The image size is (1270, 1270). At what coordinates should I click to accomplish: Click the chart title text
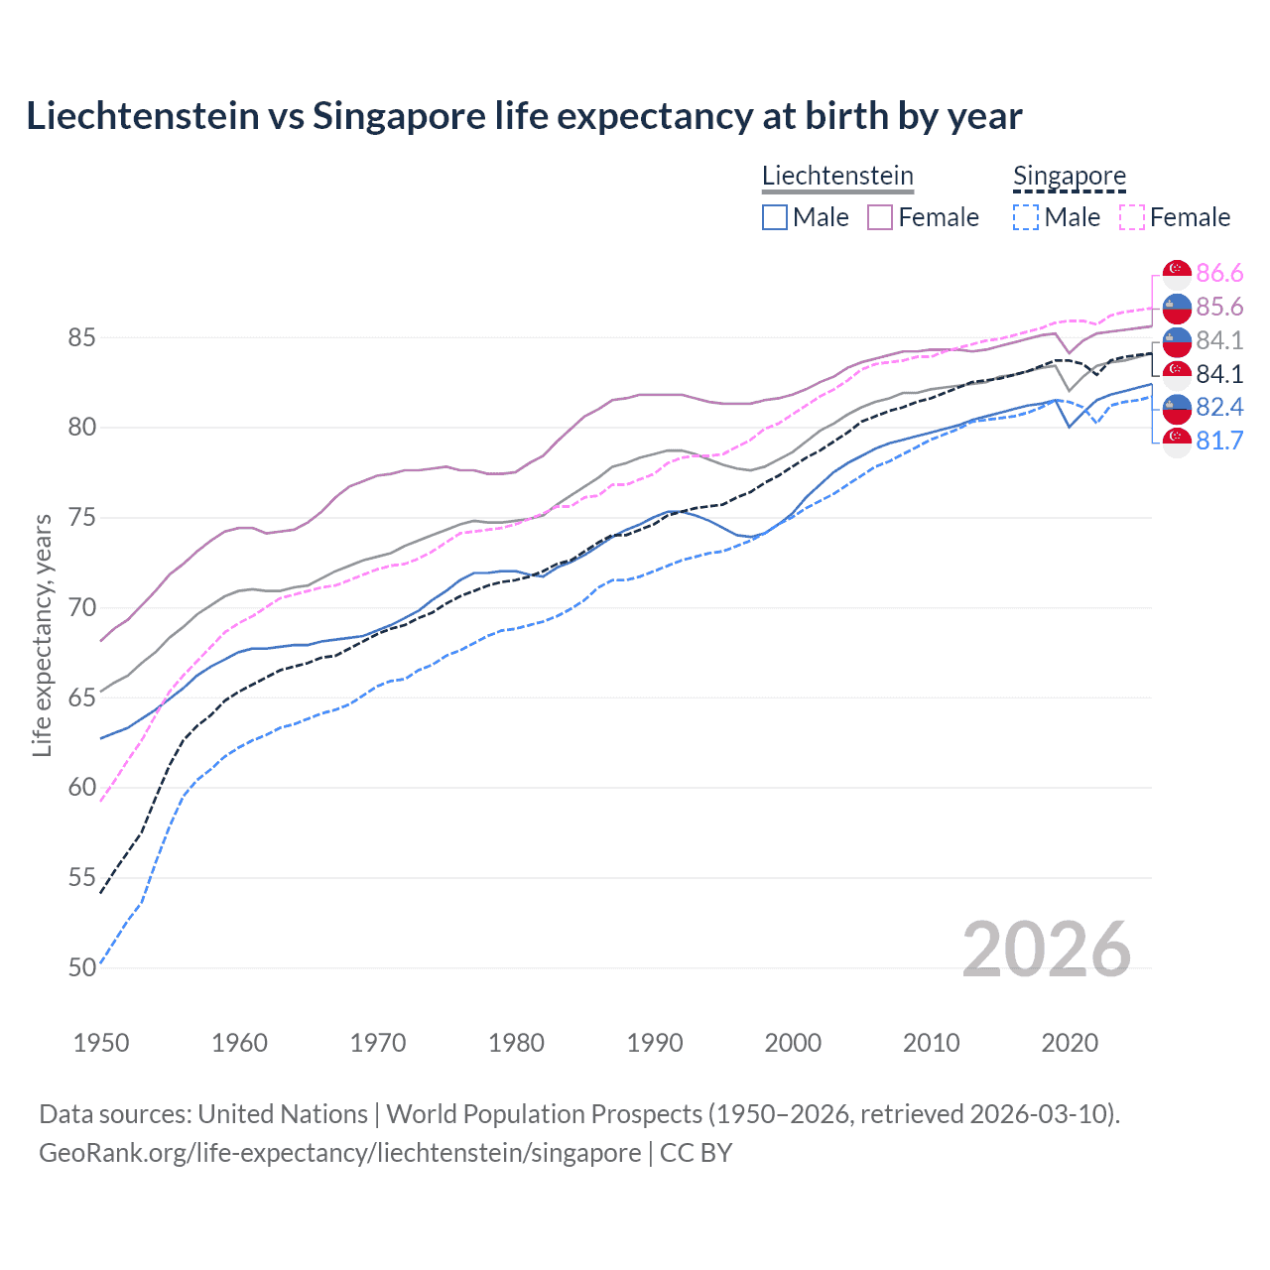click(524, 116)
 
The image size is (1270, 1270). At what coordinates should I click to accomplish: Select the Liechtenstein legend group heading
click(837, 176)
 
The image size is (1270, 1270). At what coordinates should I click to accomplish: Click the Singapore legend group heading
click(1069, 176)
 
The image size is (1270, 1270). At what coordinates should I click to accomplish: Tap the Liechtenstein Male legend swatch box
click(775, 217)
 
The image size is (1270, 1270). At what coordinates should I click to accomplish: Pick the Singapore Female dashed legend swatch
click(1132, 217)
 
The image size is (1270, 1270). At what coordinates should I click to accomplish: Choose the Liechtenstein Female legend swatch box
click(880, 217)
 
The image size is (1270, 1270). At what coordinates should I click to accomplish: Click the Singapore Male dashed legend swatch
click(1026, 217)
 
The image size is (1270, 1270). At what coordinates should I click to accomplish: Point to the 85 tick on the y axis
click(81, 337)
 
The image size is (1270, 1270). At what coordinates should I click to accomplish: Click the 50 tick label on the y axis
click(81, 967)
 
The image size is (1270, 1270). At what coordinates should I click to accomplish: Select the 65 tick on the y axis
click(81, 698)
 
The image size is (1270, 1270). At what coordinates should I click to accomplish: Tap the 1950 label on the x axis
click(101, 1043)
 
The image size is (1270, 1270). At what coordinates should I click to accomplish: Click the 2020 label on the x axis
click(1070, 1043)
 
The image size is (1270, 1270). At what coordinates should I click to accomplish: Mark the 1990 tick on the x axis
click(655, 1043)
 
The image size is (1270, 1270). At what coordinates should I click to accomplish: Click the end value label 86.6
click(1219, 273)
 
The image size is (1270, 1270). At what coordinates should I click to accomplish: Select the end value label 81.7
click(1219, 441)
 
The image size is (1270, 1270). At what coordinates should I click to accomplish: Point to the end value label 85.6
click(1219, 307)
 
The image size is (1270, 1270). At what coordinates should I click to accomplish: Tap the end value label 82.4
click(1219, 407)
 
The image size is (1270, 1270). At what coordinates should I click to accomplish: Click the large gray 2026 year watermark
click(1047, 950)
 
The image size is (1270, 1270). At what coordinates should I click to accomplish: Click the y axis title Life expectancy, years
click(42, 635)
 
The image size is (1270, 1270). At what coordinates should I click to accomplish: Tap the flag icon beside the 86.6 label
click(1177, 273)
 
